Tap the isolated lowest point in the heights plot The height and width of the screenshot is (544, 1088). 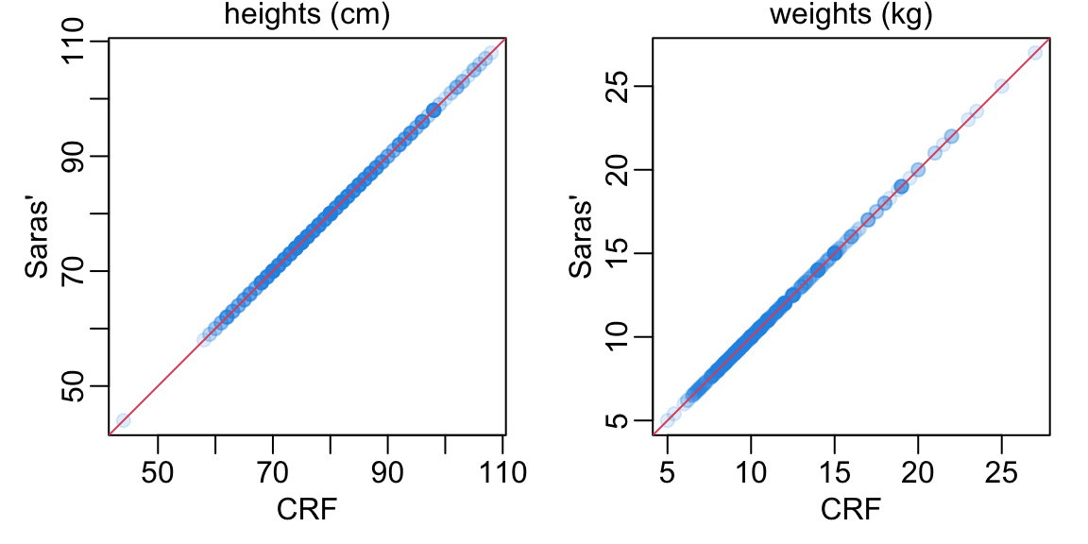pyautogui.click(x=123, y=420)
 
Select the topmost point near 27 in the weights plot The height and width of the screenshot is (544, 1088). pyautogui.click(x=1035, y=52)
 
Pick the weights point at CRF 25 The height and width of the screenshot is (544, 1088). pyautogui.click(x=1001, y=86)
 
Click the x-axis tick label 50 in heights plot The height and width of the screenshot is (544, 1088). pyautogui.click(x=158, y=471)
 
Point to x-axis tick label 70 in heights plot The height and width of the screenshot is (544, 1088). pyautogui.click(x=273, y=471)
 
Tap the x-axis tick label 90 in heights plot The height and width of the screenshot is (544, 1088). pyautogui.click(x=388, y=471)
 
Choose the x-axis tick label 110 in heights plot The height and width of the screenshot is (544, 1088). pyautogui.click(x=503, y=471)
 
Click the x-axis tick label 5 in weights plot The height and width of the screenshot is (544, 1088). pyautogui.click(x=668, y=471)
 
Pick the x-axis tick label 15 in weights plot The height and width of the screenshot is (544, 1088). pyautogui.click(x=835, y=471)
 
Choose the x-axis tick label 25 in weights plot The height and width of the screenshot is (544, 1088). pyautogui.click(x=1001, y=471)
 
